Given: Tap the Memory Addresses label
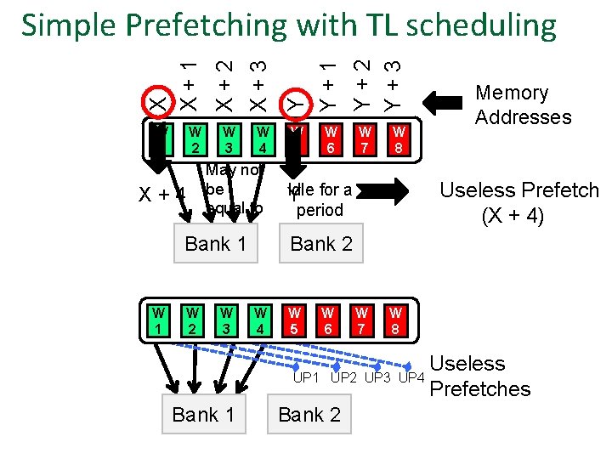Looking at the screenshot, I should pyautogui.click(x=523, y=105).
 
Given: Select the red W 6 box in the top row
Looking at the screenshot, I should pyautogui.click(x=331, y=140).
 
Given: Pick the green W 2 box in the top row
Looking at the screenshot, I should pyautogui.click(x=195, y=140).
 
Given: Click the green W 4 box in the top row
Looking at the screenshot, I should pyautogui.click(x=263, y=140).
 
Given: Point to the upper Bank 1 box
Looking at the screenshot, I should pyautogui.click(x=216, y=244).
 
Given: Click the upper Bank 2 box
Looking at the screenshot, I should pyautogui.click(x=321, y=244).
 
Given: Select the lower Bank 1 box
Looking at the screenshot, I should pyautogui.click(x=203, y=415).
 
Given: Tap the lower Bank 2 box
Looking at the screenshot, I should pyautogui.click(x=309, y=415).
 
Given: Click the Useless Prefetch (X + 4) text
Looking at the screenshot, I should pyautogui.click(x=518, y=203).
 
